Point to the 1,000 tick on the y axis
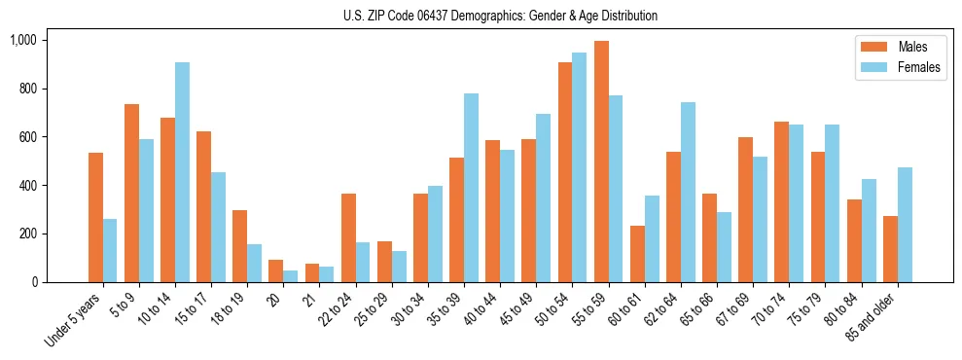[x=22, y=40]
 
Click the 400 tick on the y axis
[x=27, y=185]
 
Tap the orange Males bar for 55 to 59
[x=601, y=162]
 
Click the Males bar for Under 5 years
[x=95, y=217]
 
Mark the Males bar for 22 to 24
[x=348, y=237]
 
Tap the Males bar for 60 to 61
[x=637, y=254]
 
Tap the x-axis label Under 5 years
[x=75, y=318]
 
